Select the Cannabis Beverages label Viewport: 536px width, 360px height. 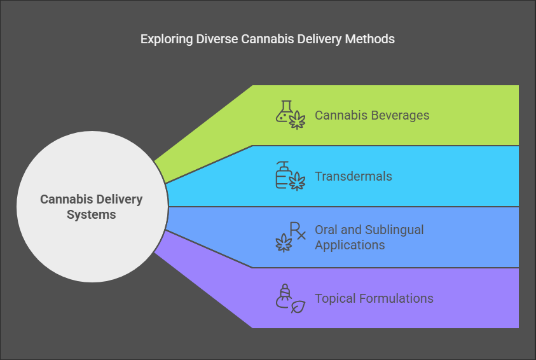(x=372, y=116)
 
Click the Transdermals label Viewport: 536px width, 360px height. (x=354, y=176)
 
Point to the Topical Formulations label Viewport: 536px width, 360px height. (x=374, y=298)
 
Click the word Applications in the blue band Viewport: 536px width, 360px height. (x=350, y=245)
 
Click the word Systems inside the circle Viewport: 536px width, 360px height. (x=92, y=215)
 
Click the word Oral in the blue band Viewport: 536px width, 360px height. (x=326, y=230)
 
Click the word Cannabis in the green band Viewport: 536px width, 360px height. (x=339, y=116)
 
